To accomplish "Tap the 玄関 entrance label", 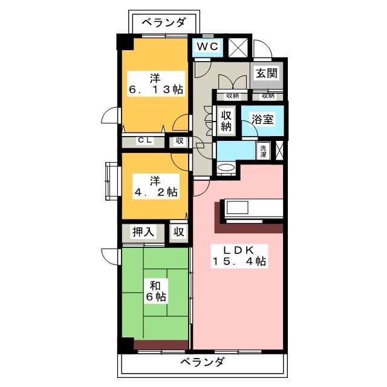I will pyautogui.click(x=265, y=74).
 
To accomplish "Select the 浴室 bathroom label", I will pyautogui.click(x=261, y=119).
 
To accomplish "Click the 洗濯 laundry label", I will pyautogui.click(x=264, y=151).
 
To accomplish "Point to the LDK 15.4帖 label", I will pyautogui.click(x=239, y=256).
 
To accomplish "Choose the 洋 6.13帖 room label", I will pyautogui.click(x=155, y=83).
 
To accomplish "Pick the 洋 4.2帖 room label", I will pyautogui.click(x=155, y=186).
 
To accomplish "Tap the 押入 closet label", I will pyautogui.click(x=144, y=231).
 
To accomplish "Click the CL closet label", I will pyautogui.click(x=144, y=141).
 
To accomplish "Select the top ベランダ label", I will pyautogui.click(x=164, y=23).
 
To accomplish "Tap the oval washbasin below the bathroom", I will pyautogui.click(x=227, y=167).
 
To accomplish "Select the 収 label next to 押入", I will pyautogui.click(x=179, y=231).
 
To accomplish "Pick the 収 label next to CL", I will pyautogui.click(x=180, y=141).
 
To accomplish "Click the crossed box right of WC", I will pyautogui.click(x=238, y=47).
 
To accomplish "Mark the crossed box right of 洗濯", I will pyautogui.click(x=280, y=151).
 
